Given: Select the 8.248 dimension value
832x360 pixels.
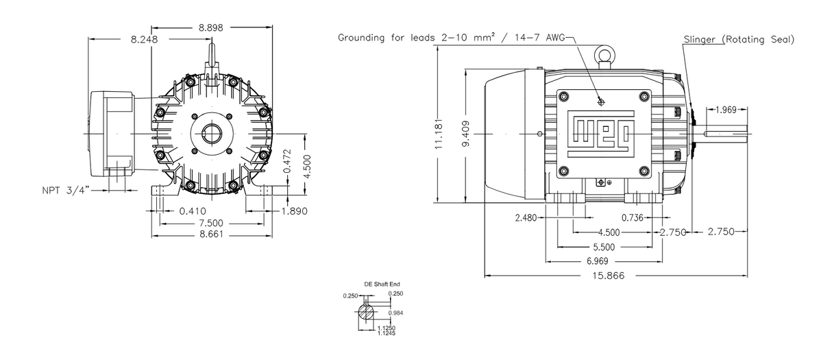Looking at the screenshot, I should click(145, 40).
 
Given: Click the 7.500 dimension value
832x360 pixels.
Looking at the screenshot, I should click(210, 224).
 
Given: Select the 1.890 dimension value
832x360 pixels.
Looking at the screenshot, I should click(295, 211).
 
